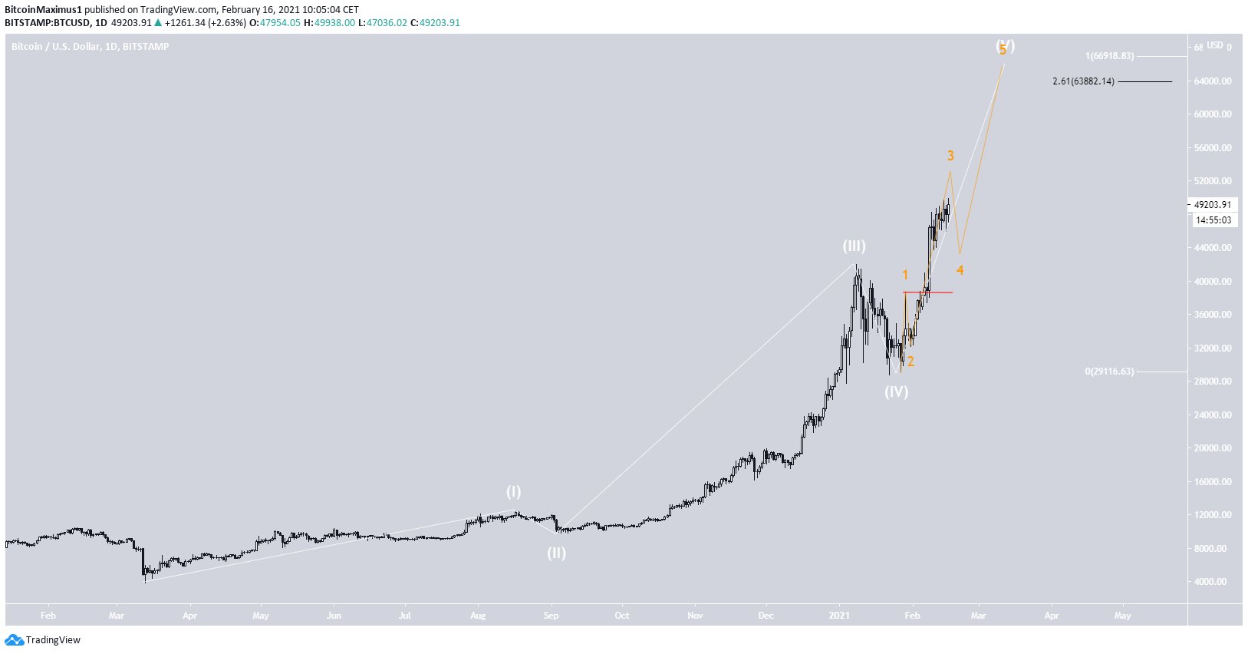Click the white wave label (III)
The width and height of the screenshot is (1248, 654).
coord(854,246)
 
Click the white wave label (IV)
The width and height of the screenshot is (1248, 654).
coord(896,392)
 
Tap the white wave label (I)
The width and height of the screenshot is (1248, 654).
coord(513,492)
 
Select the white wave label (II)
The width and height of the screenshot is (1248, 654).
coord(556,553)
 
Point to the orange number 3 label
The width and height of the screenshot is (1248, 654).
coord(950,156)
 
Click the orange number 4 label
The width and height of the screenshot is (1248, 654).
coord(960,270)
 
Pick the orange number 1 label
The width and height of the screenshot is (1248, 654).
coord(905,275)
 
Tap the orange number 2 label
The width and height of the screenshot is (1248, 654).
coord(910,362)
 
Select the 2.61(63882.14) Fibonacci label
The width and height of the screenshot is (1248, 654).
coord(1083,81)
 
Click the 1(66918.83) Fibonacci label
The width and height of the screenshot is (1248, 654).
coord(1109,56)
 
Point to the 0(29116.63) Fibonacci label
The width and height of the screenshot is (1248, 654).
coord(1109,372)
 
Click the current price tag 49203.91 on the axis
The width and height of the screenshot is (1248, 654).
coord(1212,205)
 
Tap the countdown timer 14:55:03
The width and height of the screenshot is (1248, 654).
coord(1213,220)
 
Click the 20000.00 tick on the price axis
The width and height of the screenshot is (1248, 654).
coord(1212,448)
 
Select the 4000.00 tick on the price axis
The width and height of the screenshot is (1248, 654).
coord(1212,582)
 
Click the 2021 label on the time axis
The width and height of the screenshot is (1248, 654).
coord(839,616)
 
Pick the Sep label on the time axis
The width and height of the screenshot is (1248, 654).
coord(551,616)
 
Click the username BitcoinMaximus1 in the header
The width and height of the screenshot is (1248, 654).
coord(43,10)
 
